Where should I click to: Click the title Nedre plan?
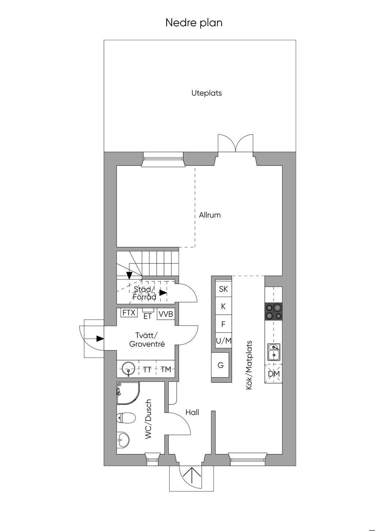[194, 23]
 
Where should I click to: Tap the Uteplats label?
[207, 93]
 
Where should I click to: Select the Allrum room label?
[210, 215]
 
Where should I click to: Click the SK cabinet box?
[223, 289]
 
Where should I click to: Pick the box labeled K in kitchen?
[223, 306]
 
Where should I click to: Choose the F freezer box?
[223, 324]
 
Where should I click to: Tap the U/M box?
[223, 341]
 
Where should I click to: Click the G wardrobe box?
[220, 365]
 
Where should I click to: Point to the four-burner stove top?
[274, 312]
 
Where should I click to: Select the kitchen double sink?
[274, 352]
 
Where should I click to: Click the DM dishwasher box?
[274, 374]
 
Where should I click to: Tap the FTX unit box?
[129, 313]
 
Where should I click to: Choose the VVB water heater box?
[166, 314]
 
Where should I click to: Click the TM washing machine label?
[166, 369]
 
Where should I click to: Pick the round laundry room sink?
[128, 369]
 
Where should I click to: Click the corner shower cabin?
[128, 393]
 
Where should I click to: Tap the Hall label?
[192, 412]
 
